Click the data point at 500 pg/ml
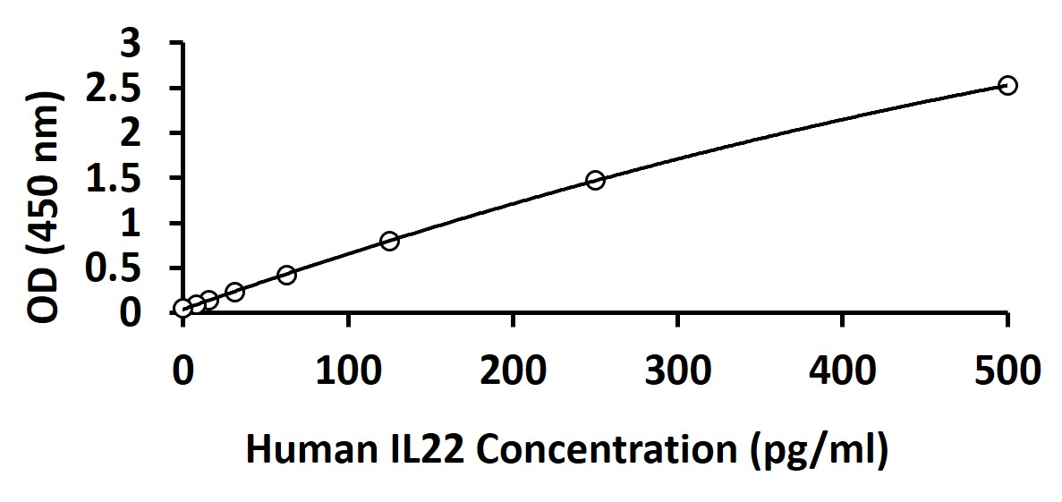(1007, 85)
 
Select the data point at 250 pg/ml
(595, 180)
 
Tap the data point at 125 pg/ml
(389, 241)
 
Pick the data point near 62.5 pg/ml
(286, 275)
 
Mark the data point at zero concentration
(183, 308)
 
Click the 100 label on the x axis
(348, 371)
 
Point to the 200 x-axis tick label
(513, 371)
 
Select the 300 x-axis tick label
(677, 371)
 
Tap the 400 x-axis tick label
(842, 371)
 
